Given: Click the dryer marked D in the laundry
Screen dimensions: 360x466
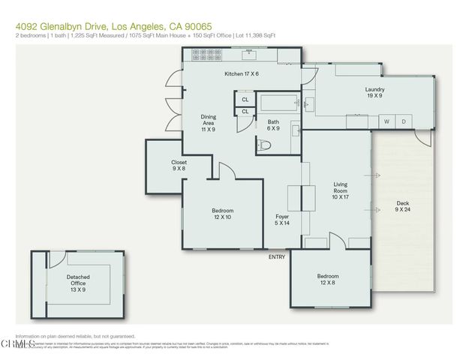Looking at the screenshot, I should (x=403, y=121).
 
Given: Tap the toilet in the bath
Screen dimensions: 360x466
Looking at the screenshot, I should (x=263, y=145).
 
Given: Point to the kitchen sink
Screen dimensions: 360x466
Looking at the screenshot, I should (x=248, y=55).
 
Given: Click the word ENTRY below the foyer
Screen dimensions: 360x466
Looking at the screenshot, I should (x=277, y=257).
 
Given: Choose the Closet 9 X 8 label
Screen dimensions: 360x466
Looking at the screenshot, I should (x=179, y=165).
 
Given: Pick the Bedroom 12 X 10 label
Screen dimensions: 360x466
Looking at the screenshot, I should (x=222, y=214).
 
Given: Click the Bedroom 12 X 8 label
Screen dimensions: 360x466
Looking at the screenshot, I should (x=327, y=280).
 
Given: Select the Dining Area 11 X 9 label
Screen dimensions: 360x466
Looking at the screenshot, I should (x=209, y=123).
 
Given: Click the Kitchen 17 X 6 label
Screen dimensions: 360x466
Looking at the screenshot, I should (x=242, y=73).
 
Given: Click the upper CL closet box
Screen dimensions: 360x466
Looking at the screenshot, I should (x=245, y=99).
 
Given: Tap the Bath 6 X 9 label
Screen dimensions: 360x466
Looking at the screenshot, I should (x=273, y=124).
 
